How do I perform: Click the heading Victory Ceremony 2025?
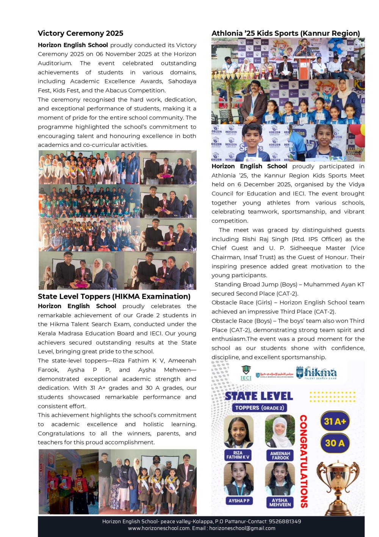[80, 33]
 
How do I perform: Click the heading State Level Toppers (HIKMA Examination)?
[114, 296]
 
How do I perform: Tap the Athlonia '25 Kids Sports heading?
[285, 33]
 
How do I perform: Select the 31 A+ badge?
[335, 422]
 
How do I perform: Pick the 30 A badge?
[335, 443]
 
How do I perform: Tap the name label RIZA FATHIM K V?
[238, 455]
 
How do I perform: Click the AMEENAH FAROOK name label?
[280, 455]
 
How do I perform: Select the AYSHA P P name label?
[239, 501]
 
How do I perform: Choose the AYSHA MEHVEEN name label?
[280, 502]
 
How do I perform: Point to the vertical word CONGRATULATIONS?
[304, 461]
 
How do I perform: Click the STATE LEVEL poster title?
[259, 396]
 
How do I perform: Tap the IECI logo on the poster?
[246, 373]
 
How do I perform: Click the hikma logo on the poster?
[316, 373]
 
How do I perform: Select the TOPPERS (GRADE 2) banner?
[259, 408]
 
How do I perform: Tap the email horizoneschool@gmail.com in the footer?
[242, 528]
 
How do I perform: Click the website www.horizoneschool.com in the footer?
[159, 528]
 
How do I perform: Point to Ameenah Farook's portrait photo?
[280, 431]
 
